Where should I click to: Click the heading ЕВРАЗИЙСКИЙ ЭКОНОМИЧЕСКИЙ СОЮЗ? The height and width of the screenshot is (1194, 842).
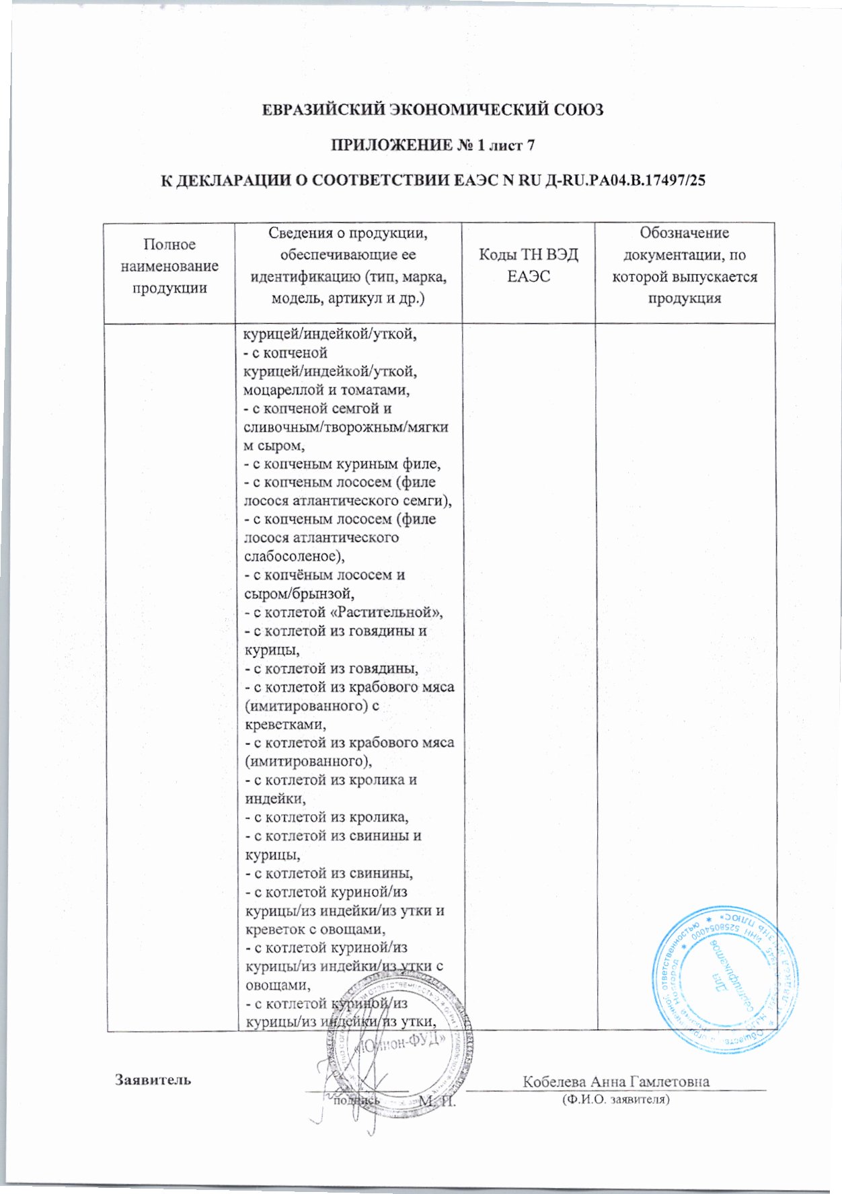432,110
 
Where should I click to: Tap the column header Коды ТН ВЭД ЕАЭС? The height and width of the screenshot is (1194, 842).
528,266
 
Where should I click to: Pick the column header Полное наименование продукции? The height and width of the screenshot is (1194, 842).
169,266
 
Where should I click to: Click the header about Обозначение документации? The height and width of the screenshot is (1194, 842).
685,266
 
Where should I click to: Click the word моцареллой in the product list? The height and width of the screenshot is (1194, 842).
280,390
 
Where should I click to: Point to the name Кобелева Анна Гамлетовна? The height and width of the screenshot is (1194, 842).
616,1081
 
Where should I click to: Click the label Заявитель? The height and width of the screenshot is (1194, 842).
153,1080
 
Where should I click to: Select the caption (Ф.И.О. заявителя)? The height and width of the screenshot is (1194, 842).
615,1100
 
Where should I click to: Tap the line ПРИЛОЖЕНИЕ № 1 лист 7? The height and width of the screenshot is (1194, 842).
432,145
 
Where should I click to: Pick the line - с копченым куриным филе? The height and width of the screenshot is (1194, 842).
342,464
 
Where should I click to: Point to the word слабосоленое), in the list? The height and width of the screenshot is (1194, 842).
293,557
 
